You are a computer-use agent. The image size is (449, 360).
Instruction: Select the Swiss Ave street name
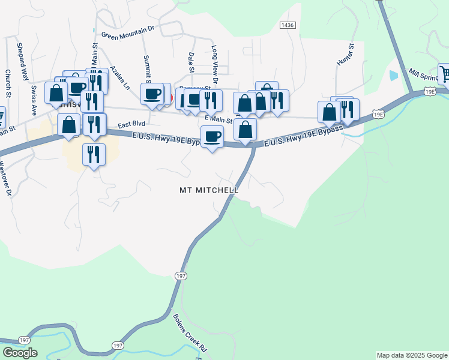pyautogui.click(x=34, y=97)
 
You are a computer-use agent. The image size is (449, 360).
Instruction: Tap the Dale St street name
pyautogui.click(x=191, y=62)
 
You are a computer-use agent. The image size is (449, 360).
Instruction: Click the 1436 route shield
pyautogui.click(x=288, y=25)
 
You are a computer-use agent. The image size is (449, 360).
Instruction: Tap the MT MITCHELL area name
pyautogui.click(x=209, y=190)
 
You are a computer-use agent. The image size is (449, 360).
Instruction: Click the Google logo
pyautogui.click(x=20, y=353)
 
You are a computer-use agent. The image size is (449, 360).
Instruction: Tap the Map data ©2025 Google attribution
pyautogui.click(x=412, y=355)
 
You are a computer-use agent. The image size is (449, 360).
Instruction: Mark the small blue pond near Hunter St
pyautogui.click(x=393, y=76)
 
